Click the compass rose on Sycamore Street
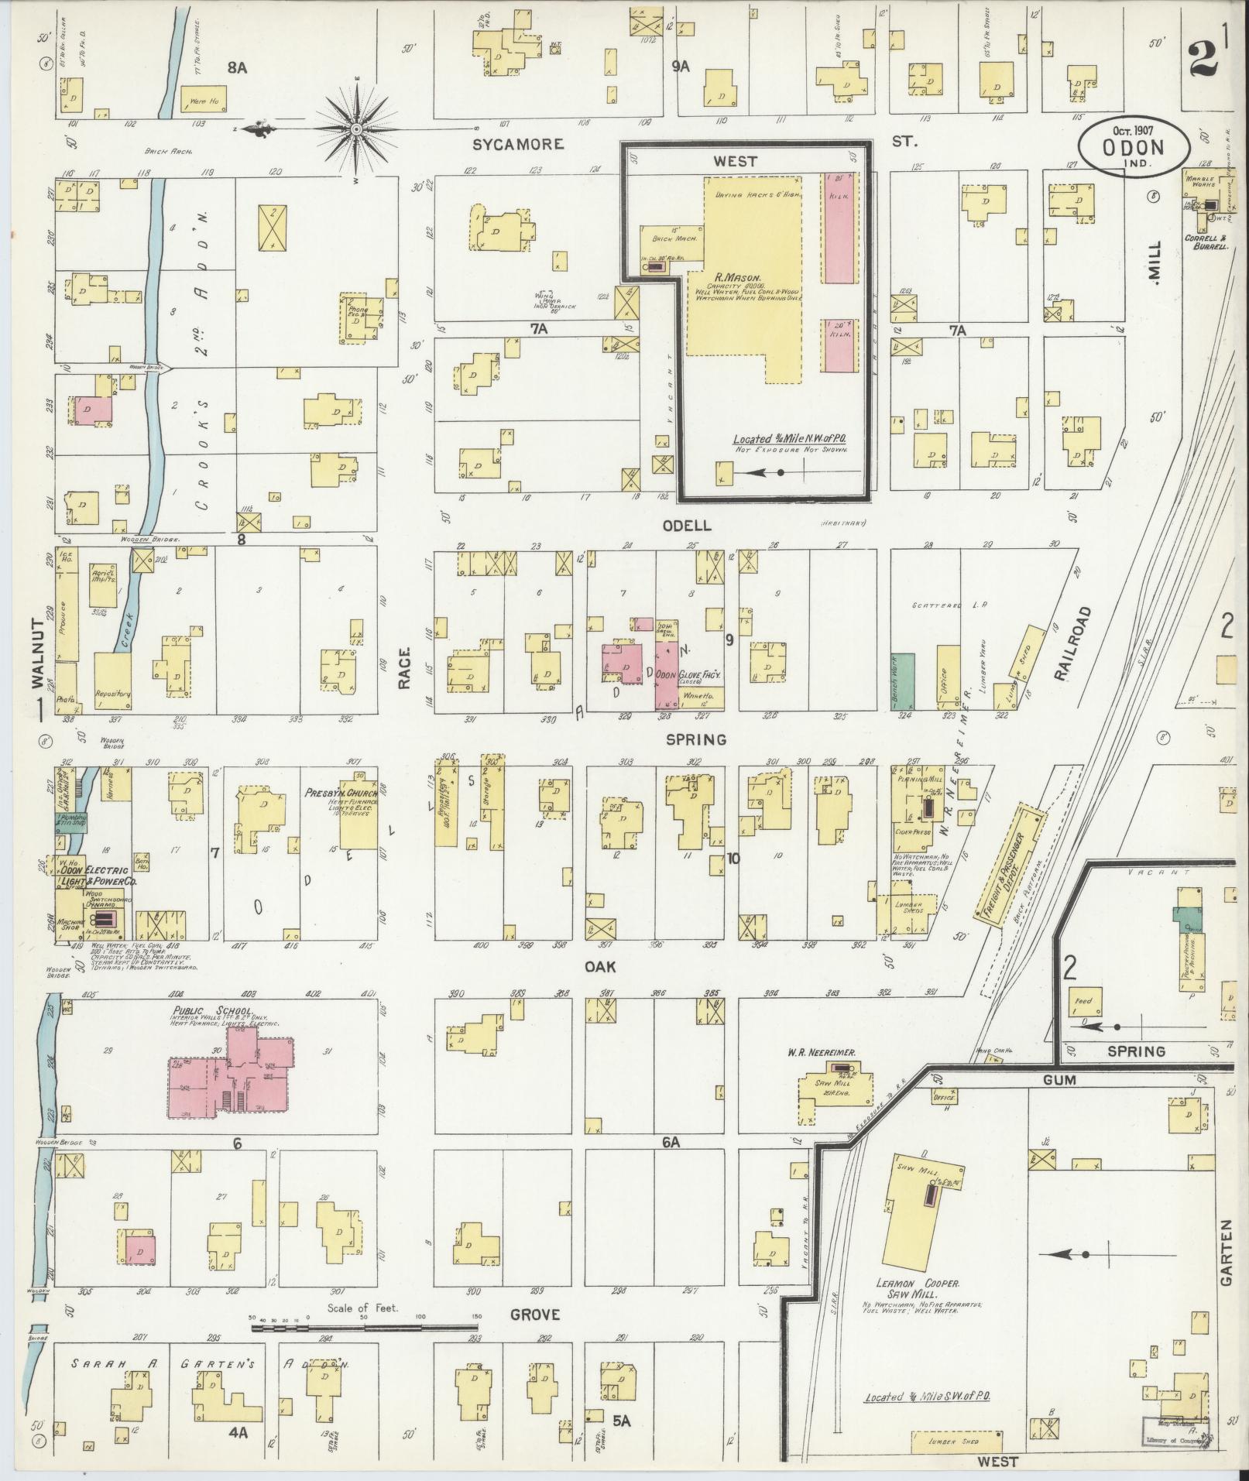pyautogui.click(x=355, y=129)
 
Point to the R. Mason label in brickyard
pyautogui.click(x=738, y=276)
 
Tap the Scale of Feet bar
pyautogui.click(x=364, y=1328)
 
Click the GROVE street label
pyautogui.click(x=534, y=1315)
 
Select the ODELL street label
pyautogui.click(x=685, y=525)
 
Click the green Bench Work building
pyautogui.click(x=902, y=681)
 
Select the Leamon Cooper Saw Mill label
pyautogui.click(x=907, y=1288)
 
